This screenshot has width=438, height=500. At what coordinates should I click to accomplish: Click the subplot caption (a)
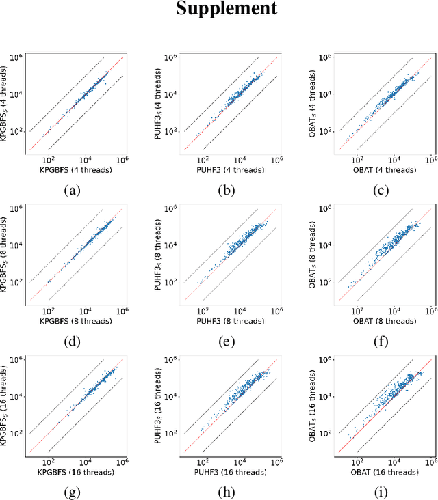pyautogui.click(x=75, y=191)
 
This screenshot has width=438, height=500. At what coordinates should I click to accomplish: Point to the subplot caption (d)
pyautogui.click(x=75, y=339)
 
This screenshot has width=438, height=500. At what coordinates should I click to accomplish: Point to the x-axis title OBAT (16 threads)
pyautogui.click(x=383, y=467)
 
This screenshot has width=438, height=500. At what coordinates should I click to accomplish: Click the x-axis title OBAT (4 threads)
pyautogui.click(x=383, y=170)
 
